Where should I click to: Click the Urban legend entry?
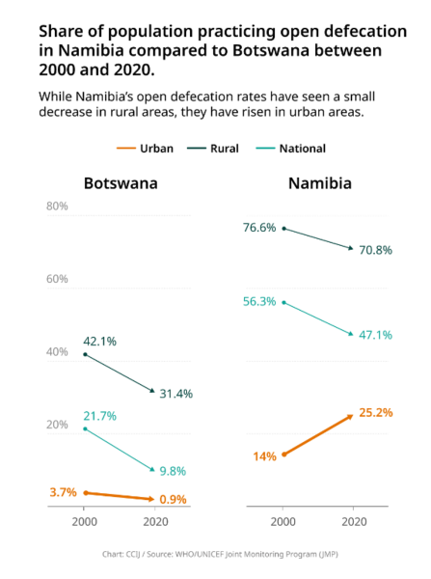(145, 149)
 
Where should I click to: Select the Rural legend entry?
(213, 149)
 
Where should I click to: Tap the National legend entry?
(291, 149)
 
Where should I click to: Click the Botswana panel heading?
(121, 183)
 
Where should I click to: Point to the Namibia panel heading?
(320, 183)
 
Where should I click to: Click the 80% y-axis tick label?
(57, 207)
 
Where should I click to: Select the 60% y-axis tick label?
(57, 279)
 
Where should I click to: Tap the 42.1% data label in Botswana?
(99, 342)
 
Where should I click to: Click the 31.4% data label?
(176, 394)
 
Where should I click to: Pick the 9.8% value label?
(173, 471)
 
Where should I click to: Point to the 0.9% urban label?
(173, 499)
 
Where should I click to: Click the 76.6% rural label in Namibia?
(259, 228)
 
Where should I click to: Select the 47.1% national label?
(376, 335)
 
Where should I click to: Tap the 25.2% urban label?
(376, 412)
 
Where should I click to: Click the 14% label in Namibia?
(264, 456)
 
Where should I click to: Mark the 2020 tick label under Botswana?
(156, 522)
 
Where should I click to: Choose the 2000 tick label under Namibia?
(283, 522)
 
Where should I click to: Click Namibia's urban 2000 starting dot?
(283, 455)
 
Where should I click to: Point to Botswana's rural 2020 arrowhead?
(152, 390)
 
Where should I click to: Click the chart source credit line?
(220, 554)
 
